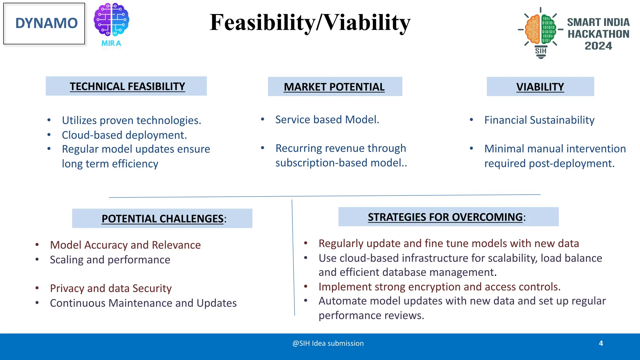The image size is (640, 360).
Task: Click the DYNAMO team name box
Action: click(44, 23)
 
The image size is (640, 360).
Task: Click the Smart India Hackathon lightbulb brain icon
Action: click(540, 31)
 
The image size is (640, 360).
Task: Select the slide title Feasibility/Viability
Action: click(310, 22)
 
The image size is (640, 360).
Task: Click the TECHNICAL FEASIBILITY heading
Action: click(127, 86)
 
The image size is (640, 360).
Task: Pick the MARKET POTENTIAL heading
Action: click(334, 87)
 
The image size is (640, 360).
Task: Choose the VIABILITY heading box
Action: click(540, 87)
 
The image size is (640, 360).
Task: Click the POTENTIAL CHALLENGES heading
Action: click(162, 218)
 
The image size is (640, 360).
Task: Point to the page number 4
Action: click(601, 343)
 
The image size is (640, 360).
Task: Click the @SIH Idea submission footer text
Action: click(328, 343)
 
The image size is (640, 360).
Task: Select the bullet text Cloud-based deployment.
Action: click(124, 135)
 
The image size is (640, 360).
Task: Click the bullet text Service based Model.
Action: click(327, 119)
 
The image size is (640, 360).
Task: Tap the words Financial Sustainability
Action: click(539, 120)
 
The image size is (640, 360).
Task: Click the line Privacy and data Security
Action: click(111, 288)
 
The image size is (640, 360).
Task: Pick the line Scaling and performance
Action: click(110, 260)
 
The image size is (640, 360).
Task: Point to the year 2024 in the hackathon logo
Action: click(598, 46)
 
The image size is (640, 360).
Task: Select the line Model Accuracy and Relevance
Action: click(125, 245)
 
